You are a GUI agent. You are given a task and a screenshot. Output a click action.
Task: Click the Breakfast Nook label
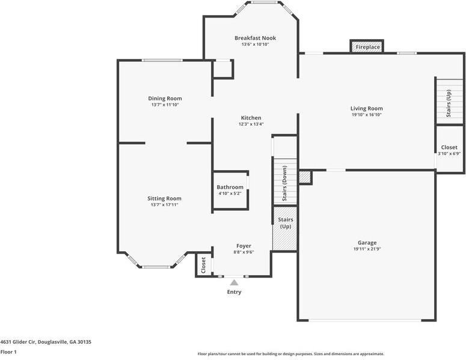[x=255, y=38]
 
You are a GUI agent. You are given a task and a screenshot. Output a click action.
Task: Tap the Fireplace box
[x=367, y=47]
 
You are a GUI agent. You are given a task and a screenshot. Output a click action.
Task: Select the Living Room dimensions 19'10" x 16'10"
[x=366, y=115]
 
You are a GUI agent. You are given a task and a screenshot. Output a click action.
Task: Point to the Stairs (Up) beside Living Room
[x=449, y=102]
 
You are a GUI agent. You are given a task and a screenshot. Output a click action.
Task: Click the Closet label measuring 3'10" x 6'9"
[x=449, y=147]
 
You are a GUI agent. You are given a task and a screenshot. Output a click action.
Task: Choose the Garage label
[x=367, y=243]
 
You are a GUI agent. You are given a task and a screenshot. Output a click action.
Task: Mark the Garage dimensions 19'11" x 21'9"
[x=367, y=249]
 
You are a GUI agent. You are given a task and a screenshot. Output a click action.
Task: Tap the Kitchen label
[x=251, y=118]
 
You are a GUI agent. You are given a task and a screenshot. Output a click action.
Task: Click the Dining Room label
[x=165, y=99]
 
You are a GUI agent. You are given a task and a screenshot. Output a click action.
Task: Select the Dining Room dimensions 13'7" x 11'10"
[x=165, y=105]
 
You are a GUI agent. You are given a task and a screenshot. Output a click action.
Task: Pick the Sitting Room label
[x=164, y=198]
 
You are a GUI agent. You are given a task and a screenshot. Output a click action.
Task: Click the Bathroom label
[x=230, y=188]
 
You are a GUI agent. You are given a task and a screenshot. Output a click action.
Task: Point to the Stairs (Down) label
[x=284, y=183]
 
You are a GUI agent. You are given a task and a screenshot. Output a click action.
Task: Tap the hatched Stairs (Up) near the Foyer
[x=285, y=228]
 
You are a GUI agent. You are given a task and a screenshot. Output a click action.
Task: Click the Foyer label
[x=244, y=246]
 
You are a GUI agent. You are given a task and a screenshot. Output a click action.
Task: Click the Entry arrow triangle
[x=234, y=282]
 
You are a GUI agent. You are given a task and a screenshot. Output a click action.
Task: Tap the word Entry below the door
[x=234, y=292]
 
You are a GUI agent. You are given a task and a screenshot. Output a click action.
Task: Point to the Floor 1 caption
[x=8, y=352]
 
